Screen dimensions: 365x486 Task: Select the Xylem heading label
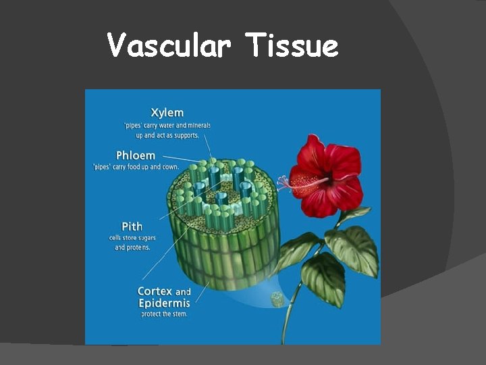point(167,112)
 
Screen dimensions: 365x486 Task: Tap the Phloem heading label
point(135,155)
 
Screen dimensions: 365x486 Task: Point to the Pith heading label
point(132,226)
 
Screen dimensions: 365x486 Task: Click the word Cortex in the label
point(155,292)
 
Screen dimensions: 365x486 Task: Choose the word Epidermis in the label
point(164,303)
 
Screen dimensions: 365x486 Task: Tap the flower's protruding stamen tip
point(281,181)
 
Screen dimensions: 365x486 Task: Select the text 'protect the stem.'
point(164,314)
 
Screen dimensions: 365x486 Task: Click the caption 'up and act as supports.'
point(167,135)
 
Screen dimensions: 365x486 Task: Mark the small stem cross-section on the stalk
point(277,299)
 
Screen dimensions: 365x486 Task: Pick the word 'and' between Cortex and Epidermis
point(183,293)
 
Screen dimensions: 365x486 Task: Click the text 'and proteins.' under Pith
point(134,247)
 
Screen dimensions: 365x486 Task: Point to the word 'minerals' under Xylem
point(198,125)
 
